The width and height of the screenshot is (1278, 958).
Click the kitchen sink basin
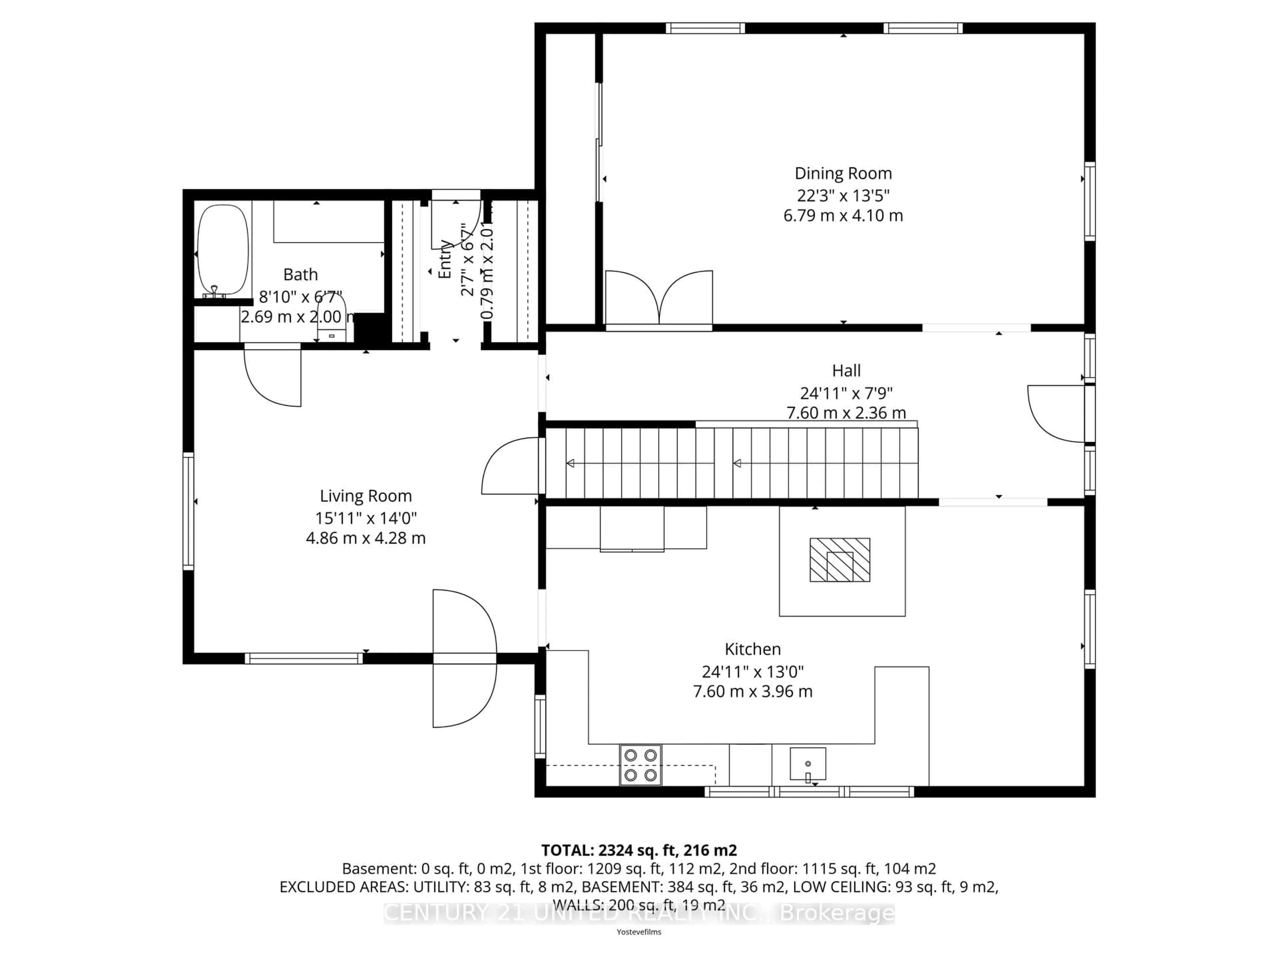[808, 763]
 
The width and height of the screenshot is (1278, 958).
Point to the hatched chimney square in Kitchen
[839, 559]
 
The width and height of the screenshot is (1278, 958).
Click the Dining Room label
[843, 173]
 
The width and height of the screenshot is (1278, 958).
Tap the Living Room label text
[366, 496]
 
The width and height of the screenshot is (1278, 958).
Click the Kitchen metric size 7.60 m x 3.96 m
[752, 691]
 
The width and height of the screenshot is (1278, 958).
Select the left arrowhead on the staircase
[570, 463]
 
